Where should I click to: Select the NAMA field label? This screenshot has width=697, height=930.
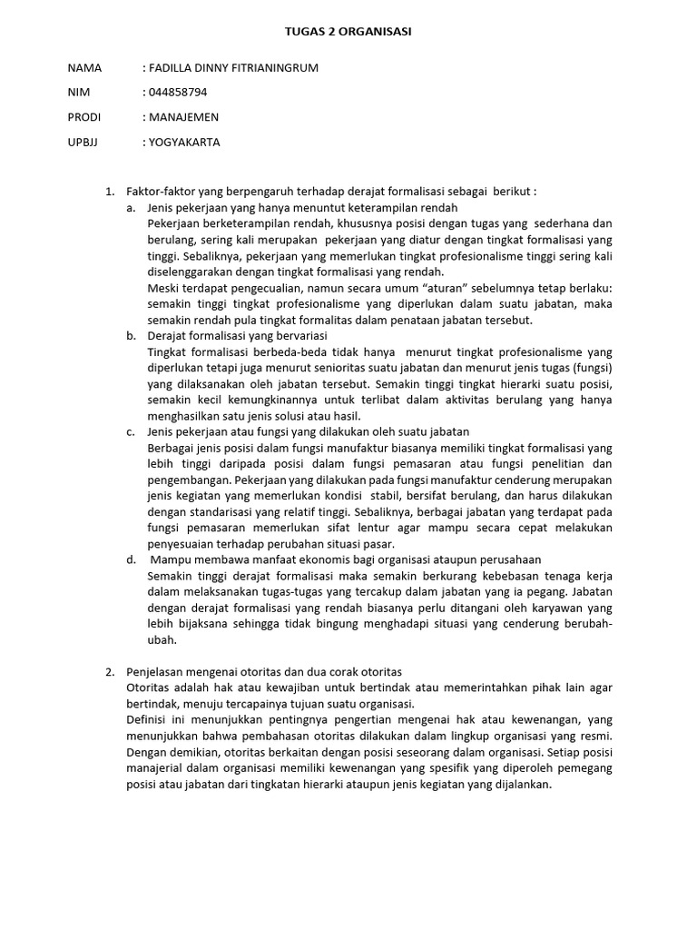pos(84,68)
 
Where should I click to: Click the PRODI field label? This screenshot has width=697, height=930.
pos(84,117)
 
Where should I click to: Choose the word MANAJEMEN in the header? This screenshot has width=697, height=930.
pos(184,117)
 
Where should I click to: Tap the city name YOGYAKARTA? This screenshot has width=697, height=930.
pos(184,142)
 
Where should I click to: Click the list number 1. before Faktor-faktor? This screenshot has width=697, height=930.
pos(110,192)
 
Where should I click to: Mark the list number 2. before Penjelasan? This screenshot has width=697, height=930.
pos(110,671)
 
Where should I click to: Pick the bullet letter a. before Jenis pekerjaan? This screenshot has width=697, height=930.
pos(132,208)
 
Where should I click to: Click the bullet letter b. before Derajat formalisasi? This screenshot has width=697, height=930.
pos(132,335)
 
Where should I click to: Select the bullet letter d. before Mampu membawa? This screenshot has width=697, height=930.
pos(132,559)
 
